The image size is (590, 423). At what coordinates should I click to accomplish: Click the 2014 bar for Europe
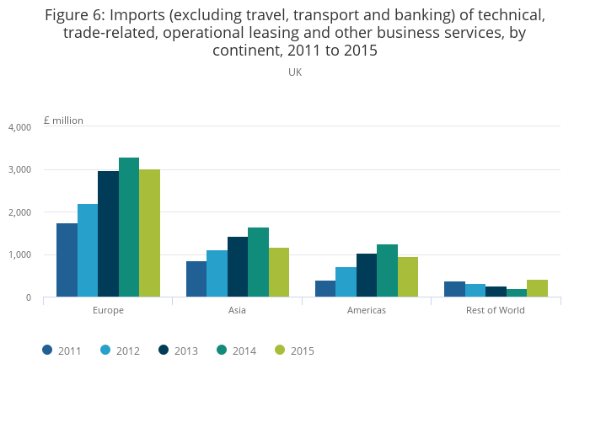tap(129, 227)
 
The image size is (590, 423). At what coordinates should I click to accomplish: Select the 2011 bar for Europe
tap(67, 260)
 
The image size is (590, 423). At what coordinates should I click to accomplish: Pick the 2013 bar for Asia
tap(238, 266)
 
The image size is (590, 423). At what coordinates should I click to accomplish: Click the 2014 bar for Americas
tap(387, 270)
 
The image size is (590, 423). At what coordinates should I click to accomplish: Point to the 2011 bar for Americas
tap(325, 288)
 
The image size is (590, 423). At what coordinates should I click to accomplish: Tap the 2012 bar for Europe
tap(88, 249)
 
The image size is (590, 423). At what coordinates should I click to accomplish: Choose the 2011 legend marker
tap(48, 351)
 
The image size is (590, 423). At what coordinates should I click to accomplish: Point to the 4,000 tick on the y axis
tap(19, 127)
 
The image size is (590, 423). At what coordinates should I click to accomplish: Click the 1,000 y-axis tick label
tap(19, 254)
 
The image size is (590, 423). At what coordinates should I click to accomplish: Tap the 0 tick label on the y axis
tap(28, 297)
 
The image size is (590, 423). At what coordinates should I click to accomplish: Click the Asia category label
tap(238, 310)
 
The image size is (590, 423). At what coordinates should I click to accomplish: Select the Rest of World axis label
tap(496, 310)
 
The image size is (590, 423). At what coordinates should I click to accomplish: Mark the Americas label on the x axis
tap(367, 310)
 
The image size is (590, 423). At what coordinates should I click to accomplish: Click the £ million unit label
tap(63, 120)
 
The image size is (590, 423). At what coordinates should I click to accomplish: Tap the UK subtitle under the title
tap(295, 72)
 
